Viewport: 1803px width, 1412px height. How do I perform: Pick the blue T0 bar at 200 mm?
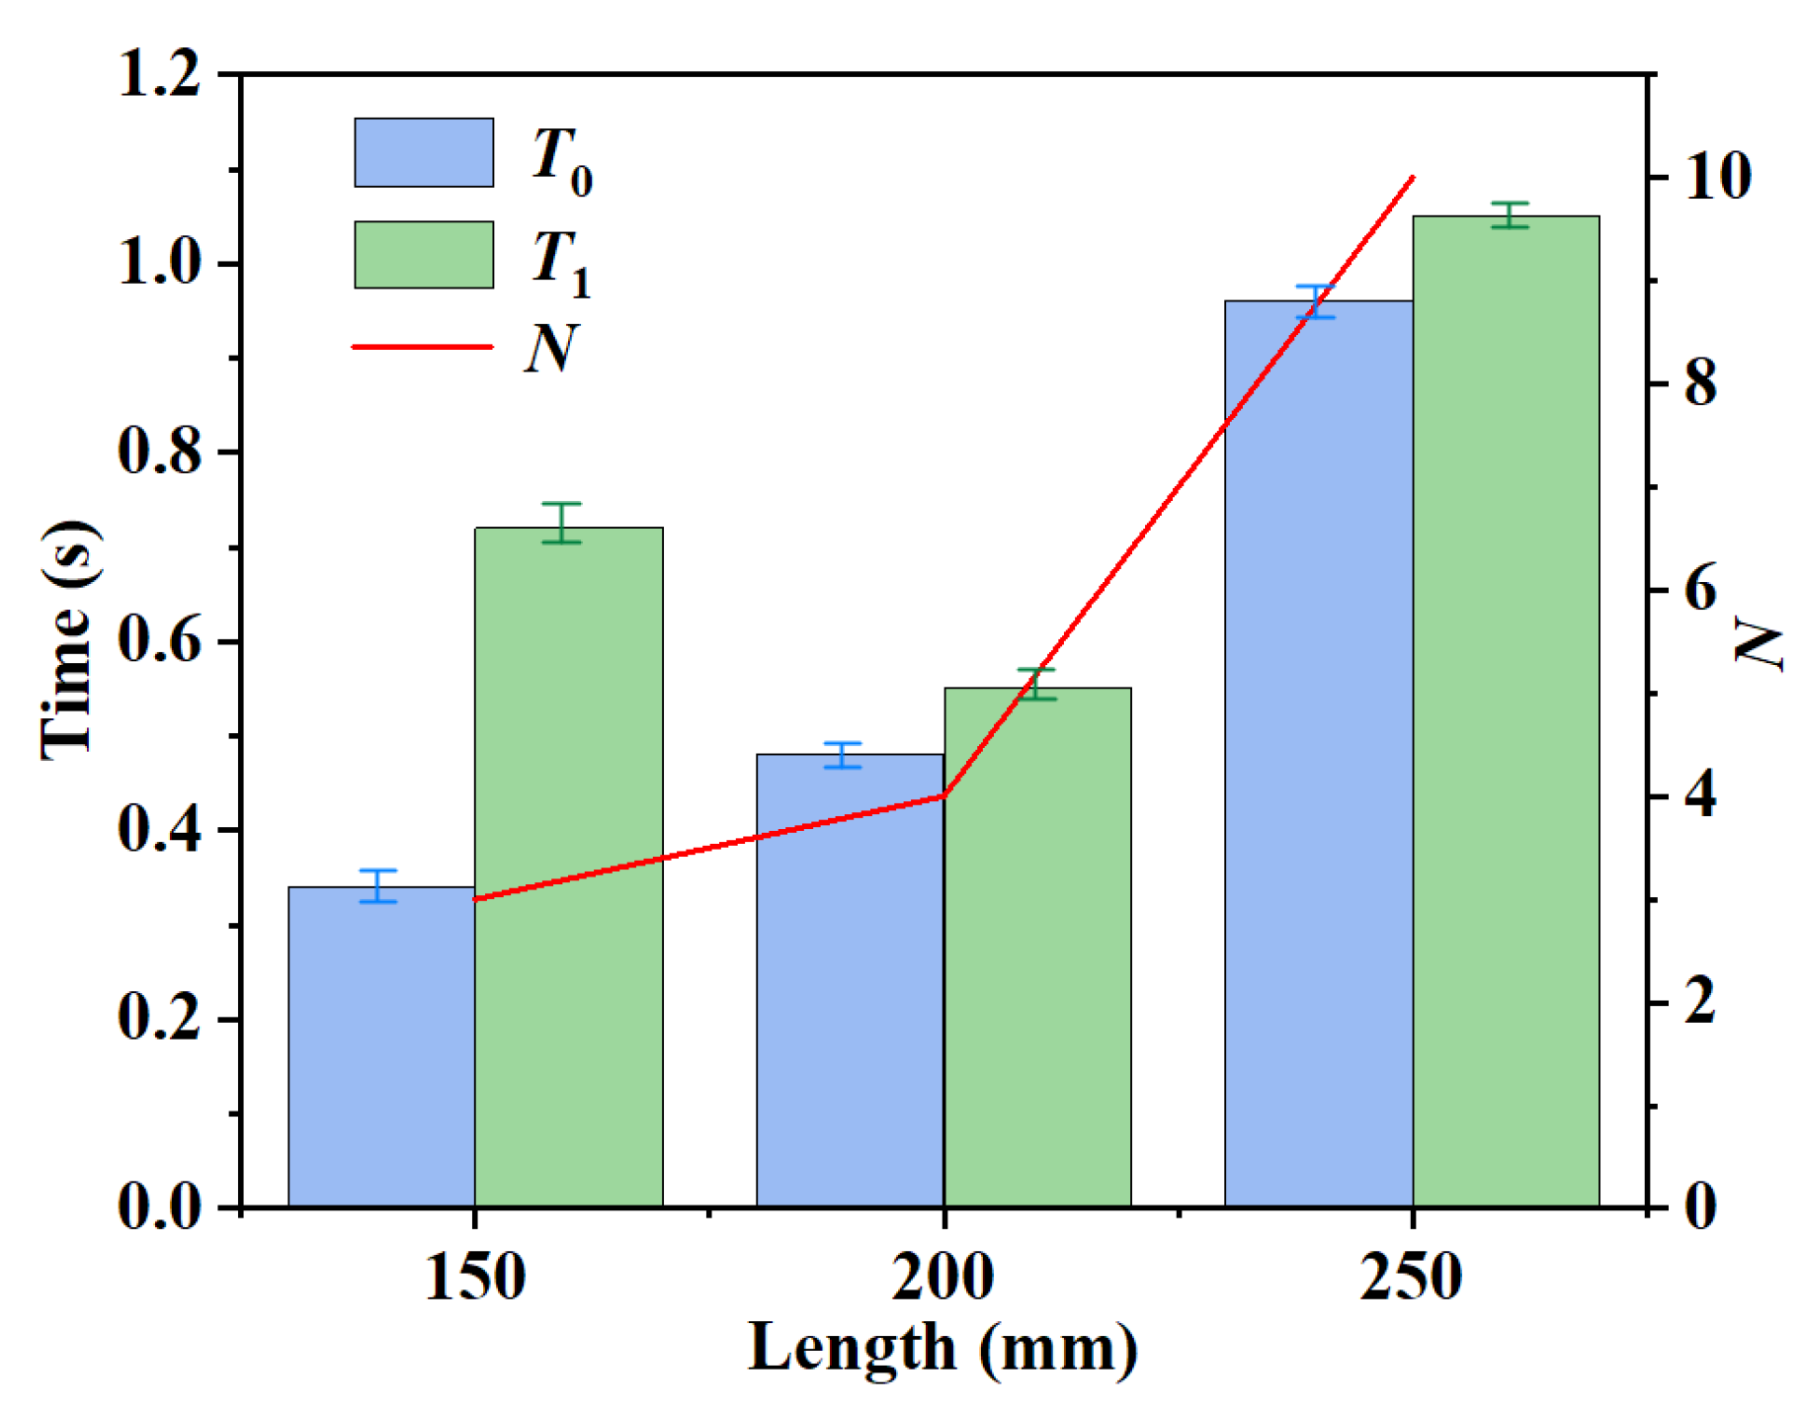tap(849, 988)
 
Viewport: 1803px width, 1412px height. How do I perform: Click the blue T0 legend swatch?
tap(423, 152)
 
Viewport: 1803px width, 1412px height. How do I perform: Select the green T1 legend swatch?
tap(423, 254)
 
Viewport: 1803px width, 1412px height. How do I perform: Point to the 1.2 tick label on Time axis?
tap(158, 74)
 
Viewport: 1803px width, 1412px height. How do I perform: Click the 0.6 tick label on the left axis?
tap(158, 641)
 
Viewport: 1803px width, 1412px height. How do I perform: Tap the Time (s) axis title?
tap(69, 640)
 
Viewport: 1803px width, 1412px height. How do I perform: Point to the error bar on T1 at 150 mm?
tap(561, 523)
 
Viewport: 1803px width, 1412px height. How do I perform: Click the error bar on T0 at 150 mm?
tap(377, 885)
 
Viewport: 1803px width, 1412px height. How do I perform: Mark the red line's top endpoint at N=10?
tap(1414, 178)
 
